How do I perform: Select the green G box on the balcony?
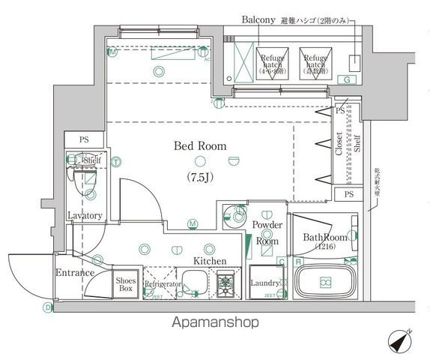[347, 79]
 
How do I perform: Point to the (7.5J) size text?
[200, 176]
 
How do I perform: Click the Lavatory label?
[84, 216]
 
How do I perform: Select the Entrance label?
[75, 272]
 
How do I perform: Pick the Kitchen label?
[210, 260]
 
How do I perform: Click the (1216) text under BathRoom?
[324, 247]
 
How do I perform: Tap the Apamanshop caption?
[215, 324]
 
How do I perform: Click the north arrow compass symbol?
[402, 342]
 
